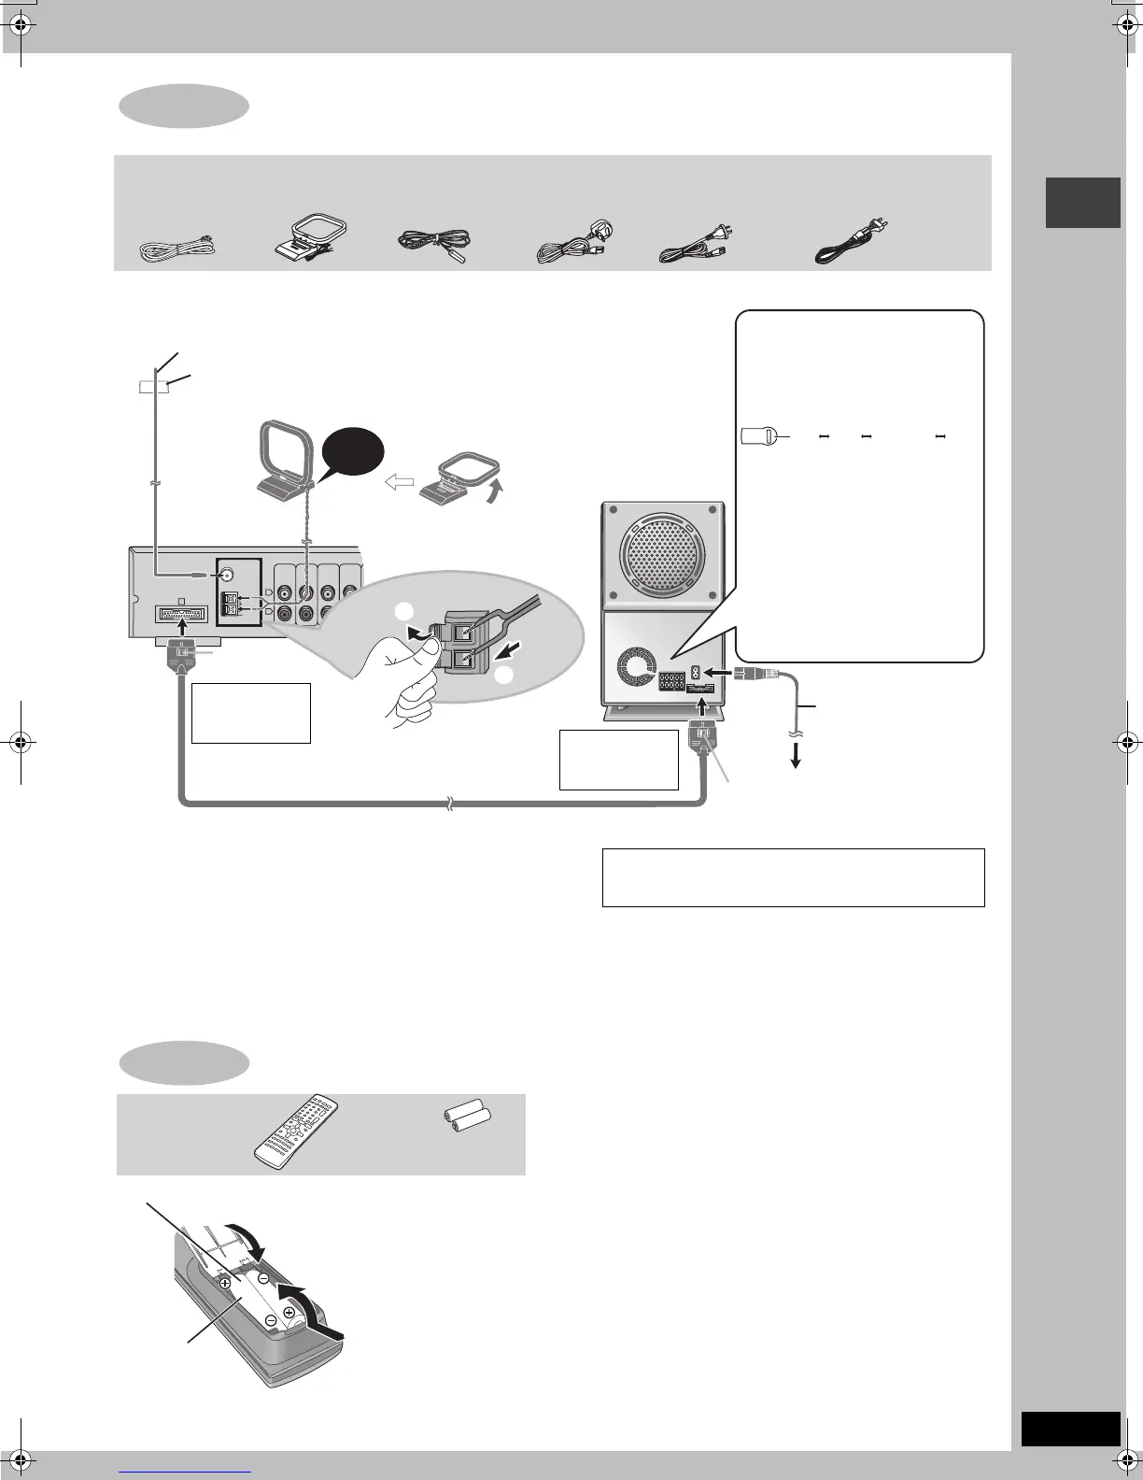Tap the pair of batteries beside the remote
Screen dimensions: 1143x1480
tap(465, 1116)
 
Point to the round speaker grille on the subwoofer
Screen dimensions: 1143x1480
tap(662, 554)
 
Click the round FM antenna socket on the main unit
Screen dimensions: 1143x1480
tap(226, 575)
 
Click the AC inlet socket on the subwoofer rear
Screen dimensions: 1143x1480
tap(696, 672)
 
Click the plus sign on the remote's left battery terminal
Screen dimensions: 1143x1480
tap(226, 1284)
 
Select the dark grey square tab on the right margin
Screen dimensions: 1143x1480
tap(1082, 202)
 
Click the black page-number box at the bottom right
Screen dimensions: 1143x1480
tap(1070, 1429)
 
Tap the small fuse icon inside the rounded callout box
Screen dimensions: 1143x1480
tap(762, 435)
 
